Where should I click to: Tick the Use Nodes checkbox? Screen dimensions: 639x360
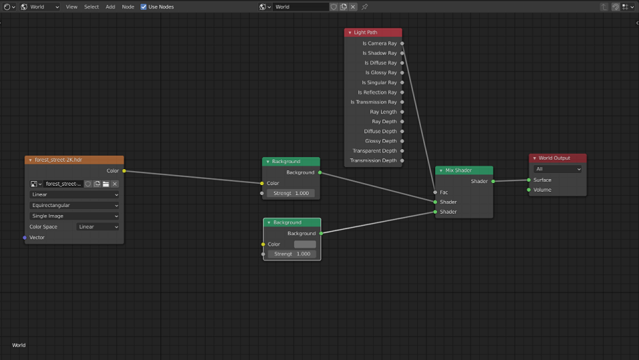[144, 7]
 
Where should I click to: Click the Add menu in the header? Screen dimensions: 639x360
[110, 7]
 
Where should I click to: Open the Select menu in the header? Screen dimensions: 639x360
[92, 7]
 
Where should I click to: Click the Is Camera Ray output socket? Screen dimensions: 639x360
[402, 43]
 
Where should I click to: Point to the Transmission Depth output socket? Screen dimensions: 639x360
[402, 161]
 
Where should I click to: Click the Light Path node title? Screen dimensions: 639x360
[366, 33]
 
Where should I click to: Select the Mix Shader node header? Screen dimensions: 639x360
[464, 170]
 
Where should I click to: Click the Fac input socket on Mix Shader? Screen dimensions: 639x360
[435, 192]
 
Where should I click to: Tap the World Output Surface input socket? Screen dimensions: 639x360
[529, 180]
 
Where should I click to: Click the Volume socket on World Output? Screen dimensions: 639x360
[529, 190]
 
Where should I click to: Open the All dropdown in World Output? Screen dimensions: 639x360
[557, 169]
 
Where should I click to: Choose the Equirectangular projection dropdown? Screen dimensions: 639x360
[74, 205]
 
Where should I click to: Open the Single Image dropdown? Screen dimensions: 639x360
[74, 216]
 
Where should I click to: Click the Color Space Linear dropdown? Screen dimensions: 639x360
[98, 227]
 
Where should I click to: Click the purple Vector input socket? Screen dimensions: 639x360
[25, 237]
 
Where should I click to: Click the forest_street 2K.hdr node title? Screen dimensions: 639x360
[58, 160]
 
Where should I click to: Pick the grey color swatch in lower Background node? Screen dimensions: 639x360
[305, 244]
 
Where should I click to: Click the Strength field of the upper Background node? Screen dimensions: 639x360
[291, 194]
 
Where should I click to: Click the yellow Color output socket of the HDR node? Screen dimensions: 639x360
[124, 171]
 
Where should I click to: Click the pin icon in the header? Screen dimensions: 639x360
[365, 7]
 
